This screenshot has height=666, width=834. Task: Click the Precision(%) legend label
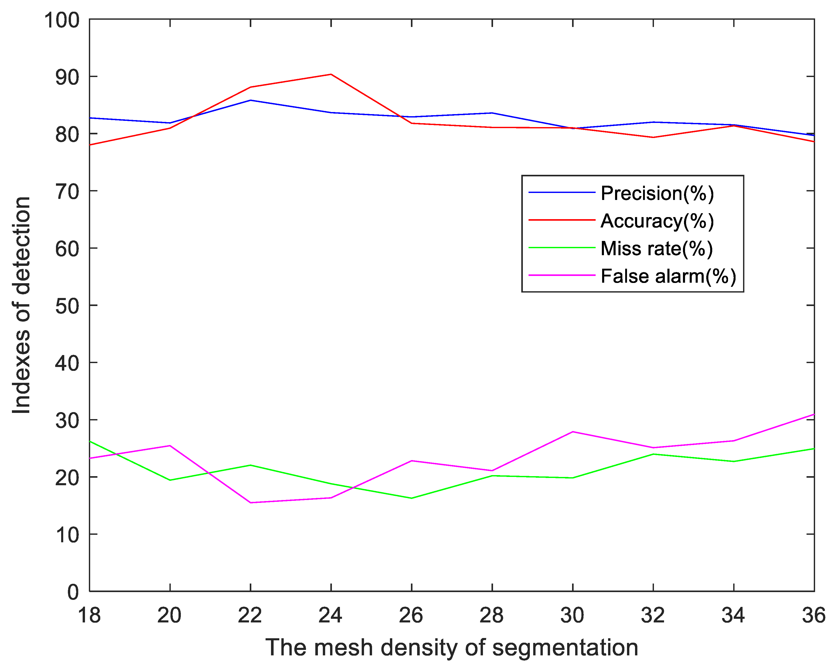click(x=657, y=193)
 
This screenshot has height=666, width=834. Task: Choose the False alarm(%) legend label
click(x=668, y=276)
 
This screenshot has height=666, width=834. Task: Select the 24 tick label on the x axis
click(x=331, y=615)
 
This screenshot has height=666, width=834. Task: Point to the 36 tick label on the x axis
click(x=814, y=615)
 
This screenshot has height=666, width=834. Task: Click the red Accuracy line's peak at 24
click(x=331, y=74)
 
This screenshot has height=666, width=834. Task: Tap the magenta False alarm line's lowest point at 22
click(x=251, y=503)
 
